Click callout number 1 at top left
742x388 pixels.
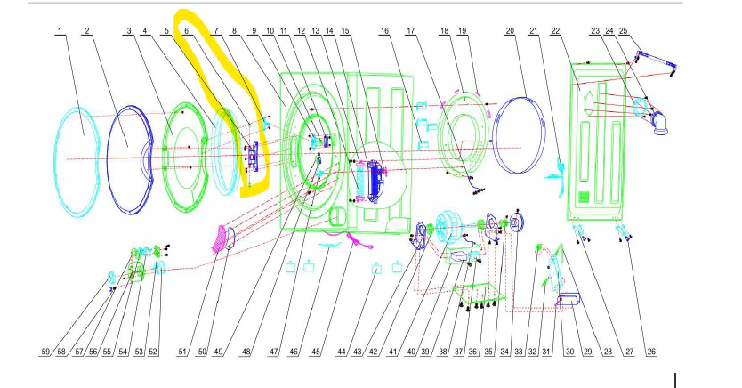tap(60, 31)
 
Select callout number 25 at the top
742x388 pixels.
tap(623, 31)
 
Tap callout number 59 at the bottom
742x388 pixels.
tap(45, 352)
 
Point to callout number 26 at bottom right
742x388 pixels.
tap(651, 352)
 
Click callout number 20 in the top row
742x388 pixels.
tap(510, 31)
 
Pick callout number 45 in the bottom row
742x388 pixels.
tap(315, 352)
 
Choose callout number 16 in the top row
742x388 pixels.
tap(384, 31)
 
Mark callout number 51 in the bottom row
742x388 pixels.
tap(182, 352)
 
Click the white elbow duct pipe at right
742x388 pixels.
tap(660, 123)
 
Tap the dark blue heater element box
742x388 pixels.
tap(376, 182)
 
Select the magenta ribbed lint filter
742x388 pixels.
tap(219, 239)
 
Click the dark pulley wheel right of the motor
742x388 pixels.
tap(517, 223)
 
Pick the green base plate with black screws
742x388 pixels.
tap(478, 295)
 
